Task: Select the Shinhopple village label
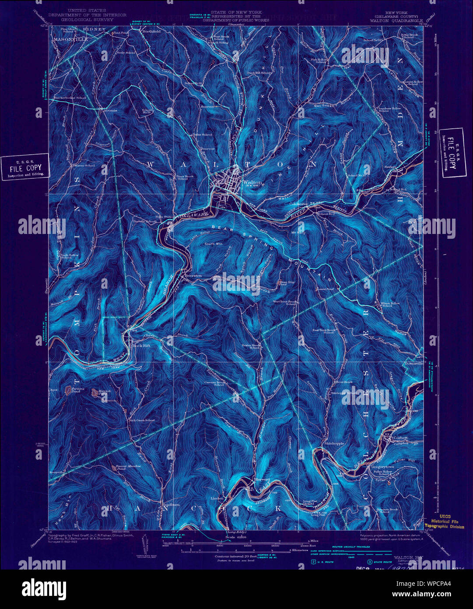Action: (x=334, y=443)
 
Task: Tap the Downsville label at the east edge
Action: (x=413, y=364)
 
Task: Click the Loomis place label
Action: (x=110, y=110)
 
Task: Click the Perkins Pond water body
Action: (x=69, y=389)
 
